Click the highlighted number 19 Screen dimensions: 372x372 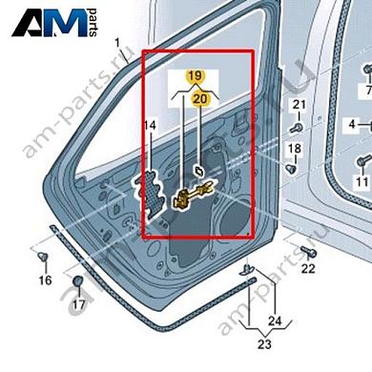point(195,74)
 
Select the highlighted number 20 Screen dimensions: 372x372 point(198,97)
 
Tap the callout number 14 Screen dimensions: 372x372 point(149,126)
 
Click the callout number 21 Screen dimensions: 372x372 point(297,104)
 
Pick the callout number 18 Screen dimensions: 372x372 point(294,148)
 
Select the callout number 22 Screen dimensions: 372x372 point(307,271)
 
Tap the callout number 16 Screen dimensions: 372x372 point(45,280)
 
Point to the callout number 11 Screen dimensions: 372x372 point(361,180)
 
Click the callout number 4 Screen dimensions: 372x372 point(351,125)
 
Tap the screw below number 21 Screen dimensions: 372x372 point(297,124)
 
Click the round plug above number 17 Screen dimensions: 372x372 point(79,282)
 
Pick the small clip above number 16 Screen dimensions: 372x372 point(44,258)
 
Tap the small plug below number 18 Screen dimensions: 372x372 point(292,168)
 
